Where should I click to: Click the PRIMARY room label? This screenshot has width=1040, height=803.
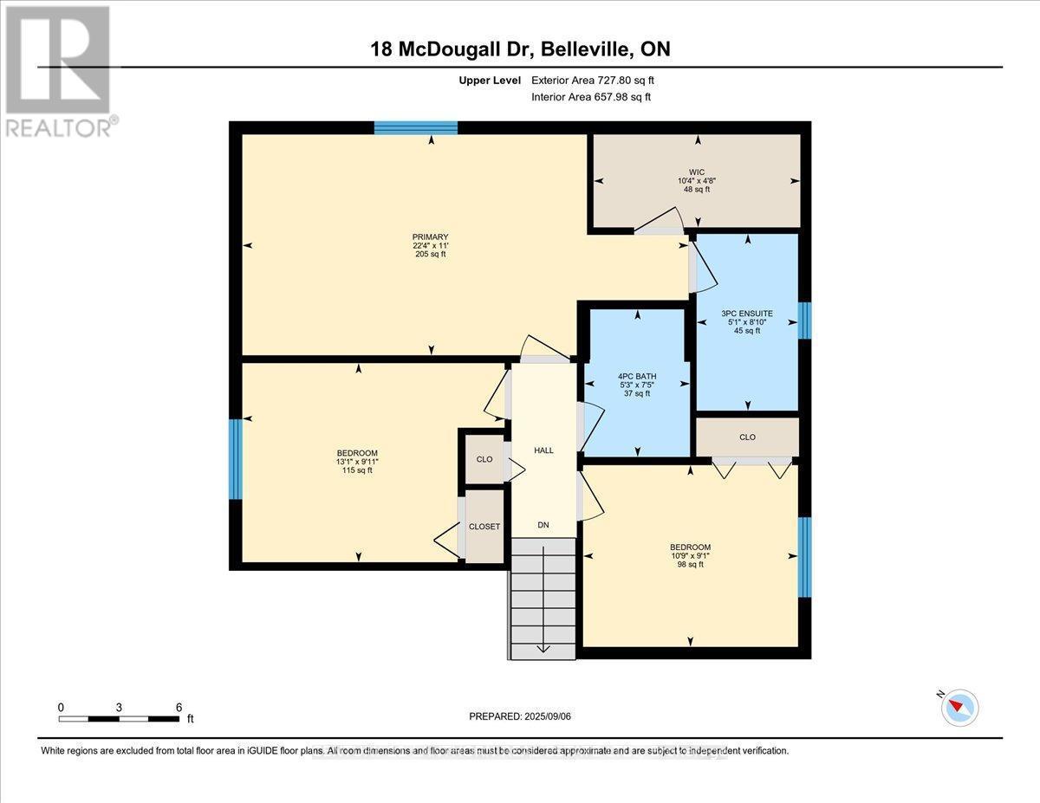tap(431, 236)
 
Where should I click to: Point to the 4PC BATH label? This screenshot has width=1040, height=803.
tap(637, 376)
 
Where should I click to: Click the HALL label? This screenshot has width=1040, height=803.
tap(543, 450)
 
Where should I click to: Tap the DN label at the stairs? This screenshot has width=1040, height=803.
tap(543, 525)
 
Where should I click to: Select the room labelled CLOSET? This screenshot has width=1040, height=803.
tap(484, 527)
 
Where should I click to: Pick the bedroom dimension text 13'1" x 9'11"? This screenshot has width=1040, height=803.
tap(357, 462)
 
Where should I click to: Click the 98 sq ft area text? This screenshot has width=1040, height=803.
tap(690, 565)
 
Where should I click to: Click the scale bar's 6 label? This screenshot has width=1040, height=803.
tap(179, 707)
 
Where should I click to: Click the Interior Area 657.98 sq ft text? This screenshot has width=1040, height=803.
tap(591, 97)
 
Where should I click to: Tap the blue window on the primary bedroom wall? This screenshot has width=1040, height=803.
tap(416, 128)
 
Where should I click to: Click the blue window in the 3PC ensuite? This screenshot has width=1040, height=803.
tap(803, 321)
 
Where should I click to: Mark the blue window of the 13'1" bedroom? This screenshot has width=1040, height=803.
tap(235, 459)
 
